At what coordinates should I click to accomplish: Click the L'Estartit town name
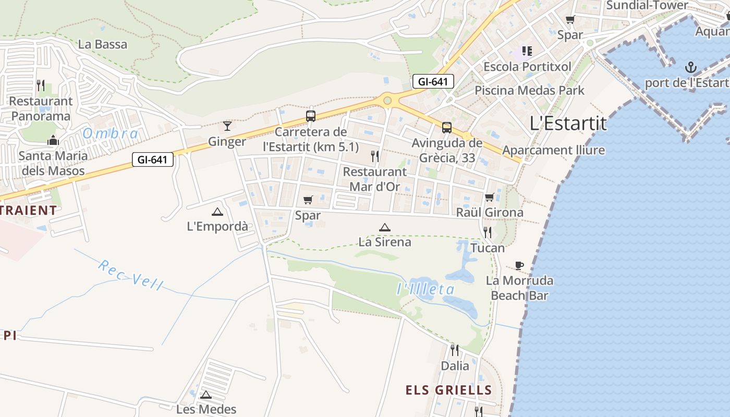[x=568, y=124]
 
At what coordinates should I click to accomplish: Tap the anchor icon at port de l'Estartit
[x=690, y=67]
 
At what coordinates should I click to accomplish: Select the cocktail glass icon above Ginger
[x=227, y=126]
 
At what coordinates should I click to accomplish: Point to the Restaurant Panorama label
[x=41, y=108]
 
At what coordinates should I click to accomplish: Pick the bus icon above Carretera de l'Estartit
[x=311, y=116]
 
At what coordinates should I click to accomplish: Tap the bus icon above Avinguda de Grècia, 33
[x=447, y=127]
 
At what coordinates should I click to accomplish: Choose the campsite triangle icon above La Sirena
[x=385, y=227]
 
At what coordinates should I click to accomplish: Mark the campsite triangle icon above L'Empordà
[x=217, y=212]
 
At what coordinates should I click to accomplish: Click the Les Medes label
[x=206, y=409]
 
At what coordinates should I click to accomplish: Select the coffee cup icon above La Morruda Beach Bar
[x=519, y=265]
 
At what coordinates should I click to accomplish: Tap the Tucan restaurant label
[x=488, y=248]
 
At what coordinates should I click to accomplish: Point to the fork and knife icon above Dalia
[x=455, y=350]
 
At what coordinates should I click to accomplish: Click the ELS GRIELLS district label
[x=448, y=390]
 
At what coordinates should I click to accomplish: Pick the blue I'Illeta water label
[x=425, y=289]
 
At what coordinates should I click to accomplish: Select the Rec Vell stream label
[x=130, y=275]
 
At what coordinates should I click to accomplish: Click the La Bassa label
[x=103, y=44]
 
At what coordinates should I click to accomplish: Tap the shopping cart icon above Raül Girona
[x=489, y=197]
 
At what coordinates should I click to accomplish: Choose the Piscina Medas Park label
[x=529, y=90]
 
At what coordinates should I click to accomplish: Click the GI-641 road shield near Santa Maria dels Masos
[x=153, y=160]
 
